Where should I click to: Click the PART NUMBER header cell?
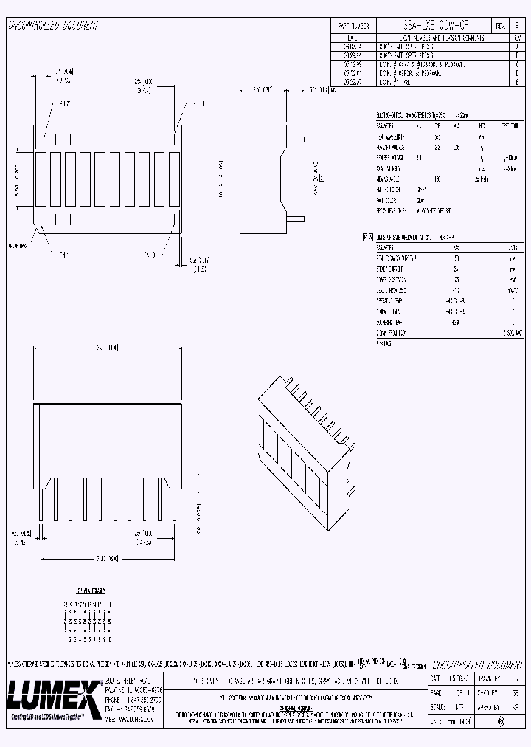coord(352,25)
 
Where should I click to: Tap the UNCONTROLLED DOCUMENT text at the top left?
coord(53,26)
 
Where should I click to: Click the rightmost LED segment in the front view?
coord(173,179)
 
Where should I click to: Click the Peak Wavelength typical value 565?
coord(437,137)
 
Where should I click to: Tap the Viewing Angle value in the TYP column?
coord(437,179)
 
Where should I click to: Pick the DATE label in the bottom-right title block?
coord(436,678)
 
